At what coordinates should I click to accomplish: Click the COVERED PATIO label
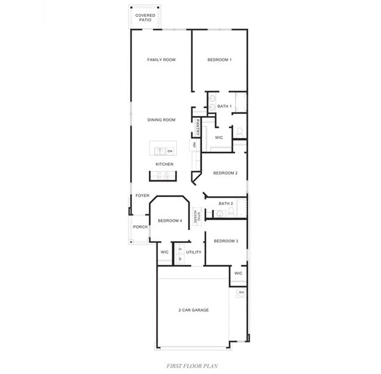point(145,18)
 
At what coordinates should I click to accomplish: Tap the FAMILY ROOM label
point(161,60)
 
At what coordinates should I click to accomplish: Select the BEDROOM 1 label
point(220,60)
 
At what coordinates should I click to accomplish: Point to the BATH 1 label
point(224,107)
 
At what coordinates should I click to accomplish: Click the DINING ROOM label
point(161,120)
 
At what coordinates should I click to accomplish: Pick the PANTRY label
point(198,128)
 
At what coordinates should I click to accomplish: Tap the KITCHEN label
point(164,164)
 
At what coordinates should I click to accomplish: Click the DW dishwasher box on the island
point(169,151)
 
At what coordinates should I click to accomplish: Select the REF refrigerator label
point(193,145)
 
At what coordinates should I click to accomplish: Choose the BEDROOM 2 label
point(225,173)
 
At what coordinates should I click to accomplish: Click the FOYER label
point(142,195)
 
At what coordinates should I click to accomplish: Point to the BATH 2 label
point(226,204)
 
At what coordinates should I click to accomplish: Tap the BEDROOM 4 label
point(170,221)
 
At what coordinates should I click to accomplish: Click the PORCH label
point(140,227)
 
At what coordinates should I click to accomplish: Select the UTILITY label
point(193,252)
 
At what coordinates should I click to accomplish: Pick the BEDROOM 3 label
point(225,241)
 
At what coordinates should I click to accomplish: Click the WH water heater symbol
point(241,291)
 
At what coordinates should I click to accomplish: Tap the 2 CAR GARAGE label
point(193,310)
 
